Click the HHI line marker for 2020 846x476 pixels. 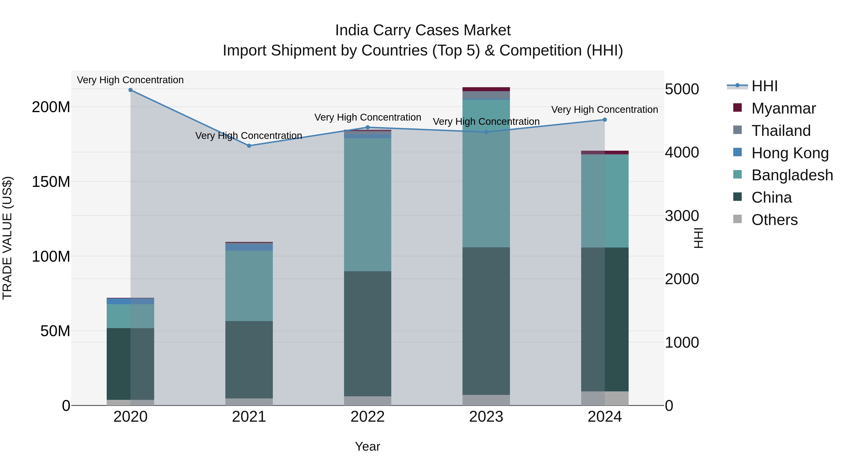point(130,90)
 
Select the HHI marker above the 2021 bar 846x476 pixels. point(249,146)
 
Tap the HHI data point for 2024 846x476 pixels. point(605,120)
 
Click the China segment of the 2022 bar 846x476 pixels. point(368,333)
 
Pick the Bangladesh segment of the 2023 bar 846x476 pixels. point(486,173)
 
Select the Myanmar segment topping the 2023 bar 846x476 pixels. point(486,89)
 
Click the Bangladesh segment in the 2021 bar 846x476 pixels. point(249,286)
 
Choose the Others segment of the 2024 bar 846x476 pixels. point(605,398)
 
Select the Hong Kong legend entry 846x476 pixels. point(790,153)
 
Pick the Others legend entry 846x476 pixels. point(774,220)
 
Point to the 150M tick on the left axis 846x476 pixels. point(51,182)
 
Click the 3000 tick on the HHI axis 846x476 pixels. point(682,216)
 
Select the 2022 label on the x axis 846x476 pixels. point(368,417)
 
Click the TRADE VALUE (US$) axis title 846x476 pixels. point(7,238)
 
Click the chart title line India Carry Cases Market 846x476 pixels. point(423,30)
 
